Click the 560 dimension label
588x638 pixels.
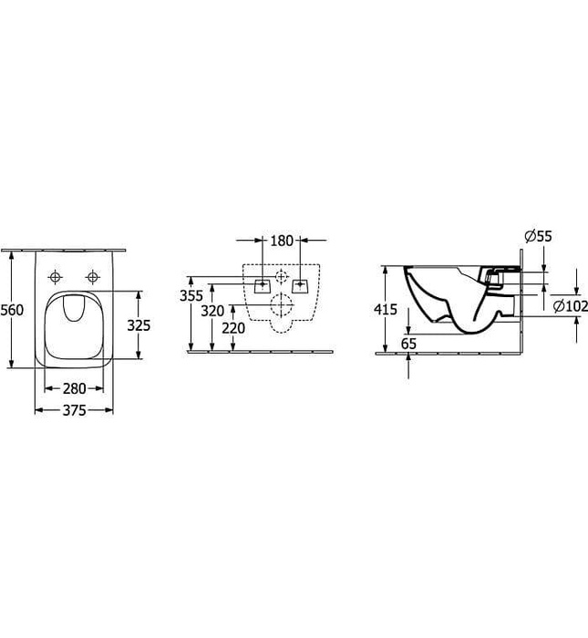pos(12,310)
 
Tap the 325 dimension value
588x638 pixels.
pos(139,325)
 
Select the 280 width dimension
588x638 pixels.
pos(74,388)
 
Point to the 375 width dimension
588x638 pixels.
pos(74,410)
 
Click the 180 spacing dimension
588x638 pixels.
pos(282,241)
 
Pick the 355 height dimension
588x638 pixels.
pos(191,296)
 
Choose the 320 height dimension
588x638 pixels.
pos(212,312)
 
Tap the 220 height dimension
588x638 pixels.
pos(233,328)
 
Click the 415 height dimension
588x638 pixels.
pos(386,310)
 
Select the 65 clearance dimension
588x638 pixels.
pos(408,344)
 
